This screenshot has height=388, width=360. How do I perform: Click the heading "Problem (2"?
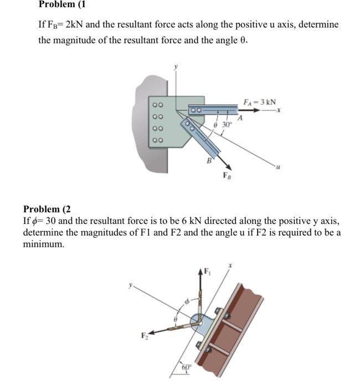click(x=47, y=209)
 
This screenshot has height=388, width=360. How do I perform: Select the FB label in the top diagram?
click(x=227, y=176)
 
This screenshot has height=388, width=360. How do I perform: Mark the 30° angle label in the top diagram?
click(x=227, y=125)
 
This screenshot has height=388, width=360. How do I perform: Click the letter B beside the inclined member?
click(x=209, y=161)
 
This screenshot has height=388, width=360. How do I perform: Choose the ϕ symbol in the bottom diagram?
click(x=187, y=303)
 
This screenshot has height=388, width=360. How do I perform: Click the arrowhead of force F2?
click(x=151, y=333)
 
